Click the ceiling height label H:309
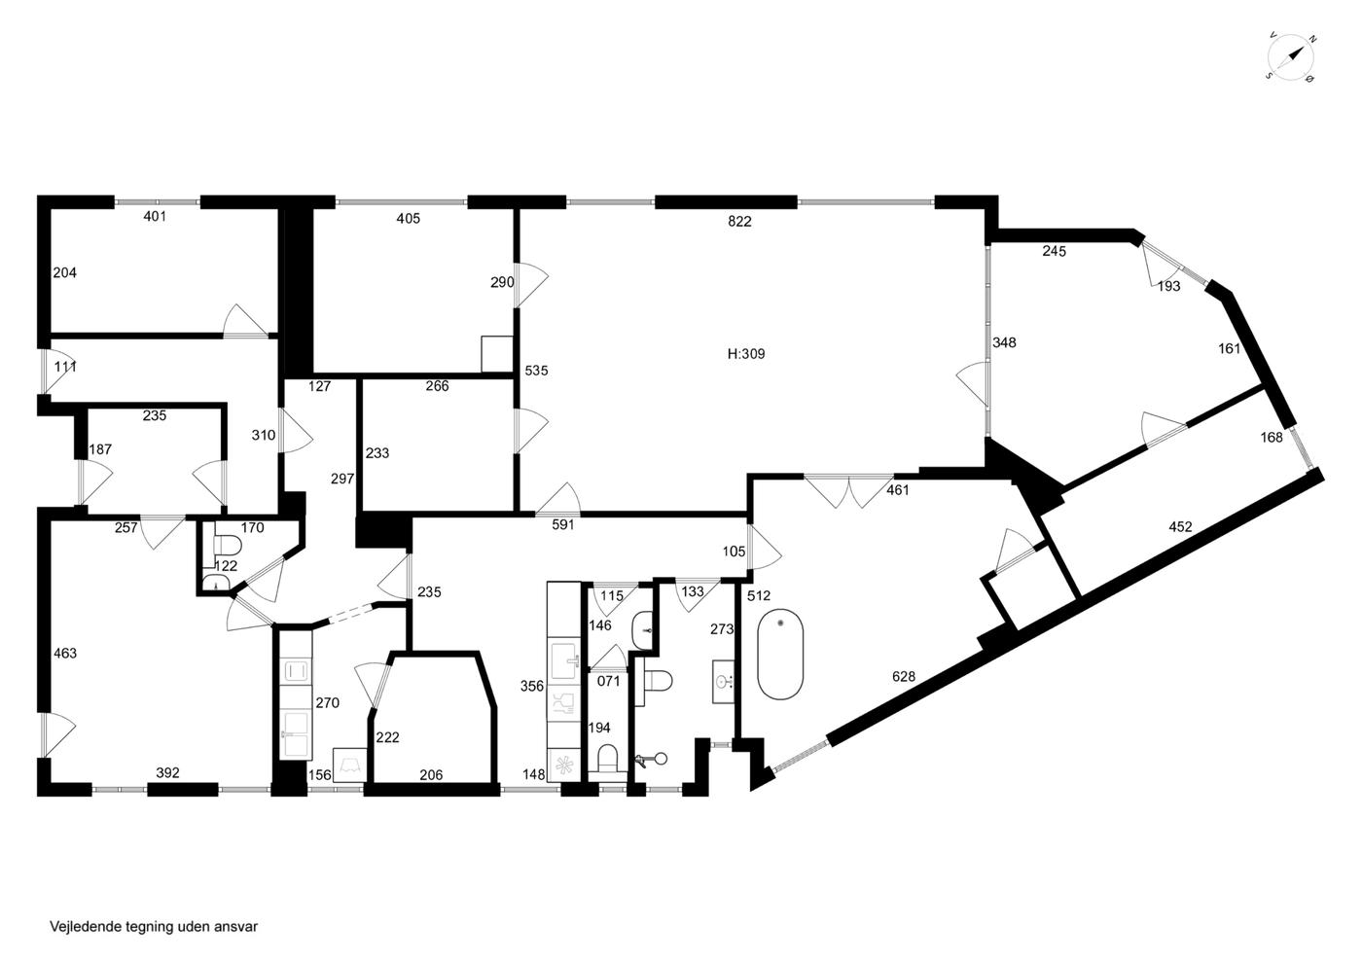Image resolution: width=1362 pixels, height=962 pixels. point(746,354)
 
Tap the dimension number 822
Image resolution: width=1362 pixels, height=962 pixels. point(739,222)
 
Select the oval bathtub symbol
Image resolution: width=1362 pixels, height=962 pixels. point(780,654)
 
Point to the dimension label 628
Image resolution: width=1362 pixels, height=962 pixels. point(904,676)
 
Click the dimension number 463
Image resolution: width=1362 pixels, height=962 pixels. point(65,653)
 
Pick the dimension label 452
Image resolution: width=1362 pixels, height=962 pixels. point(1180,526)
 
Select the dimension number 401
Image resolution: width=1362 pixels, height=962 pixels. point(155,216)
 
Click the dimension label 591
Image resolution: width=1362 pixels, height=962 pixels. point(563,524)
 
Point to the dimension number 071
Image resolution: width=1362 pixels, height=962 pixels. point(608,681)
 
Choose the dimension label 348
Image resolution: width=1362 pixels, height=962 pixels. point(1004,342)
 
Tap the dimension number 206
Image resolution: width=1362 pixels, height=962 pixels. point(431,774)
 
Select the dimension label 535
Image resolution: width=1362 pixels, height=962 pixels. point(536,371)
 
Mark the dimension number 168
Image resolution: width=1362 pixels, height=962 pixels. point(1272,437)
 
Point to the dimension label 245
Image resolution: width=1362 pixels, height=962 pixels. point(1054,251)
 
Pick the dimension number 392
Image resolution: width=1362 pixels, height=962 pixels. point(167,773)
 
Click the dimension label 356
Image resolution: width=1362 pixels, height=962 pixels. point(532,686)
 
